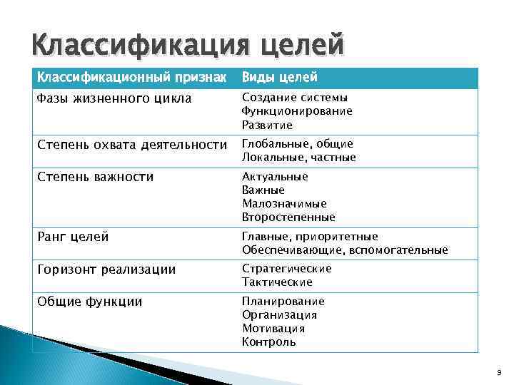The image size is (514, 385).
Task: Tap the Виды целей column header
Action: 280,77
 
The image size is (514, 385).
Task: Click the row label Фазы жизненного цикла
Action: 114,98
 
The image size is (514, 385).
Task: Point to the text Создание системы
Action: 295,98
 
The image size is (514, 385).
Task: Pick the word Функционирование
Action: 297,111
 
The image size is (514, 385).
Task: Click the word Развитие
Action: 267,125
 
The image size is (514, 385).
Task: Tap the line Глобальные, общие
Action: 298,144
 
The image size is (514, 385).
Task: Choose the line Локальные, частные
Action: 299,158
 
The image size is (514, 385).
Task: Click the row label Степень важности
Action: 95,177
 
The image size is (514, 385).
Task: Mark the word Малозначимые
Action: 284,204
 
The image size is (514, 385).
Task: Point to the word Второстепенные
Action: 288,217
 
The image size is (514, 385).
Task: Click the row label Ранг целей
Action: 73,237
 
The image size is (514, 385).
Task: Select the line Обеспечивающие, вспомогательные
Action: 345,250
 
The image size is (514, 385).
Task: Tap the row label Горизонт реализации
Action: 106,269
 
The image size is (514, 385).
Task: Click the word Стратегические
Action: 287,269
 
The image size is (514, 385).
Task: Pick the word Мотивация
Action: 273,329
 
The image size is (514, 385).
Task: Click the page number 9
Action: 498,373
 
